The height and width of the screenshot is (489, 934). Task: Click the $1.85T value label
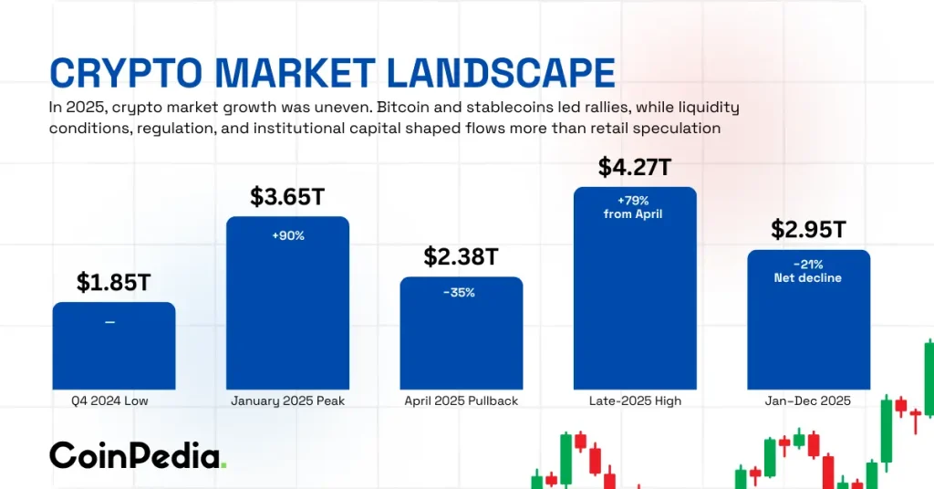coord(113,283)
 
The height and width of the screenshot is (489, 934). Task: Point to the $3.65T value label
coord(287,197)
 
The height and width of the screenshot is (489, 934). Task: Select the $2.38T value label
coord(461,257)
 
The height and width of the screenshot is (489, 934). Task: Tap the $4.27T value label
coord(635,167)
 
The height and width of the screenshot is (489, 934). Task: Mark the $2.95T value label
coord(808,230)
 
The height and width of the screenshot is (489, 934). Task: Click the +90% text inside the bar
coord(287,235)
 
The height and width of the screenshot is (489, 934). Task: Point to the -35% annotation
coord(461,293)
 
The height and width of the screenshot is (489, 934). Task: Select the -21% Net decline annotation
coord(808,271)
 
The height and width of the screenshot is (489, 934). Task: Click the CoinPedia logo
coord(137,455)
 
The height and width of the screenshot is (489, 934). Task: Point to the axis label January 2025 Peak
coord(287,401)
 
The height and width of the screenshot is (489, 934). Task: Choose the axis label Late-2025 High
coord(635,401)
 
